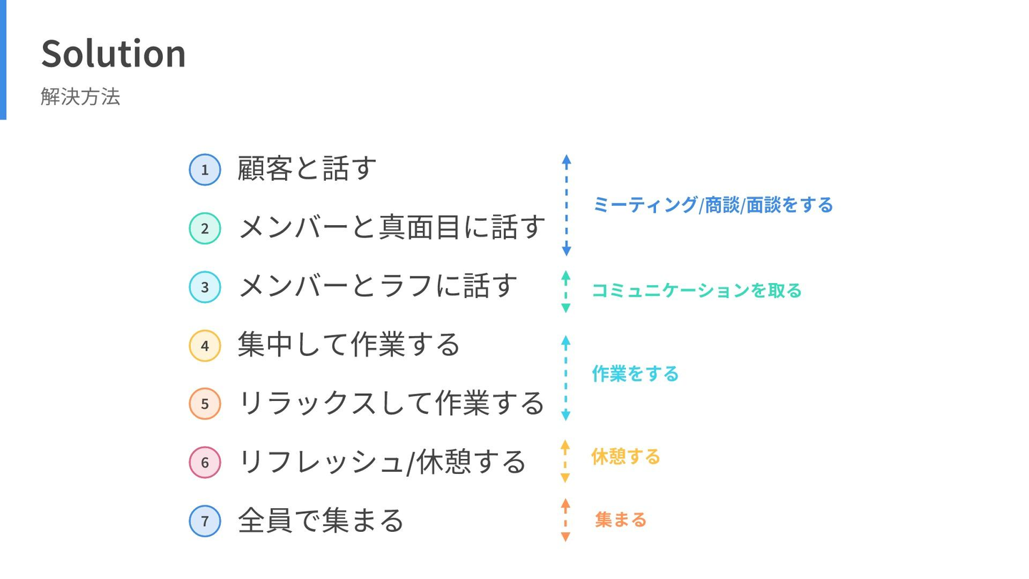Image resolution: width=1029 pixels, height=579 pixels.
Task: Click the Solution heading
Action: pyautogui.click(x=114, y=54)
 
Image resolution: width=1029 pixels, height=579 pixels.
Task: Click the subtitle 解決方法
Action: pyautogui.click(x=80, y=96)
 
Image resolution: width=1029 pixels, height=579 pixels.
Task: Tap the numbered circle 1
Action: pyautogui.click(x=205, y=169)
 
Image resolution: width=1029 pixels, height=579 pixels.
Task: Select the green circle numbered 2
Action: pyautogui.click(x=205, y=229)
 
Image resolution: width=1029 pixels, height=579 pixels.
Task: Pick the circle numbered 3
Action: pyautogui.click(x=205, y=287)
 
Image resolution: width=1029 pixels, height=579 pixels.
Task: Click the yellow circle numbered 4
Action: pyautogui.click(x=205, y=345)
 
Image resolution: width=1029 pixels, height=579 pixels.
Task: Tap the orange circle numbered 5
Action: pyautogui.click(x=205, y=404)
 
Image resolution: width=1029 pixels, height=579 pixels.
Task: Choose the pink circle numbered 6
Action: pyautogui.click(x=205, y=462)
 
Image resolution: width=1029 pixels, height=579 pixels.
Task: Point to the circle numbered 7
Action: pyautogui.click(x=205, y=521)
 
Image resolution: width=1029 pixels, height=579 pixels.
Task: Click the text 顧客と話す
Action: pyautogui.click(x=307, y=168)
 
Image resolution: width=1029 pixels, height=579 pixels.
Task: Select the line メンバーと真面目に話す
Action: pyautogui.click(x=392, y=227)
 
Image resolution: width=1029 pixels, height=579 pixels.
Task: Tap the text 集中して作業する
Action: pyautogui.click(x=349, y=345)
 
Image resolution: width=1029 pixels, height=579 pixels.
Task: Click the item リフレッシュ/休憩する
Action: pyautogui.click(x=382, y=462)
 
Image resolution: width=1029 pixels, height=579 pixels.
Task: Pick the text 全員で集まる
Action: pyautogui.click(x=321, y=520)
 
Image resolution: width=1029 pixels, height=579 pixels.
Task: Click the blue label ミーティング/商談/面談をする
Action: pyautogui.click(x=713, y=205)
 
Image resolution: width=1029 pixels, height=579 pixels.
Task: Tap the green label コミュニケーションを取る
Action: pyautogui.click(x=697, y=290)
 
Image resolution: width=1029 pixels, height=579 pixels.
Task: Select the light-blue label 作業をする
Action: pyautogui.click(x=635, y=374)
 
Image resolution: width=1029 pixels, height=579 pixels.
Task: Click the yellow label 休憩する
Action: pyautogui.click(x=626, y=457)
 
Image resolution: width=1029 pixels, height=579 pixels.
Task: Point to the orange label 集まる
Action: pyautogui.click(x=620, y=520)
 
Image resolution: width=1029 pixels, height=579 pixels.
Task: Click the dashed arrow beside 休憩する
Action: pyautogui.click(x=565, y=461)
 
